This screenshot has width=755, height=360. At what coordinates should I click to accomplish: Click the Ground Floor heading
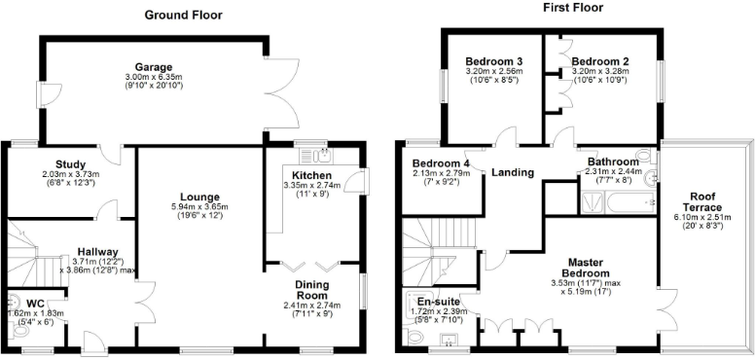click(x=183, y=15)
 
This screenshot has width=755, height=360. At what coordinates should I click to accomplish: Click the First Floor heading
click(x=572, y=8)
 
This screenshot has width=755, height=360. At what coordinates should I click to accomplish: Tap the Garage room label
click(x=154, y=66)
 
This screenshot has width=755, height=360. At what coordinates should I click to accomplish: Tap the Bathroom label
click(x=612, y=161)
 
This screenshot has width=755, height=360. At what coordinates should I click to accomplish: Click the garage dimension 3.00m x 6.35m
click(x=154, y=77)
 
